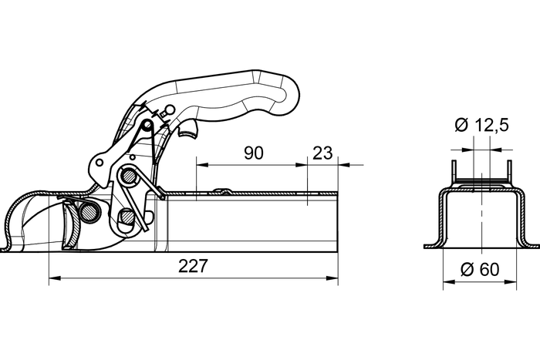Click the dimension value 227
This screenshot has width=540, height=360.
coord(192,266)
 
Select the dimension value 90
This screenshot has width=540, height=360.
coord(253,153)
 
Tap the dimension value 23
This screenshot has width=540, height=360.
coord(323,153)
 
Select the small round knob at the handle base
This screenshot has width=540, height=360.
coord(162,113)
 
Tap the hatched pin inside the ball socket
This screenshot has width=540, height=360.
coord(91,211)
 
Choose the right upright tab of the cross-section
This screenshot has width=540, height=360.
coord(509,171)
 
